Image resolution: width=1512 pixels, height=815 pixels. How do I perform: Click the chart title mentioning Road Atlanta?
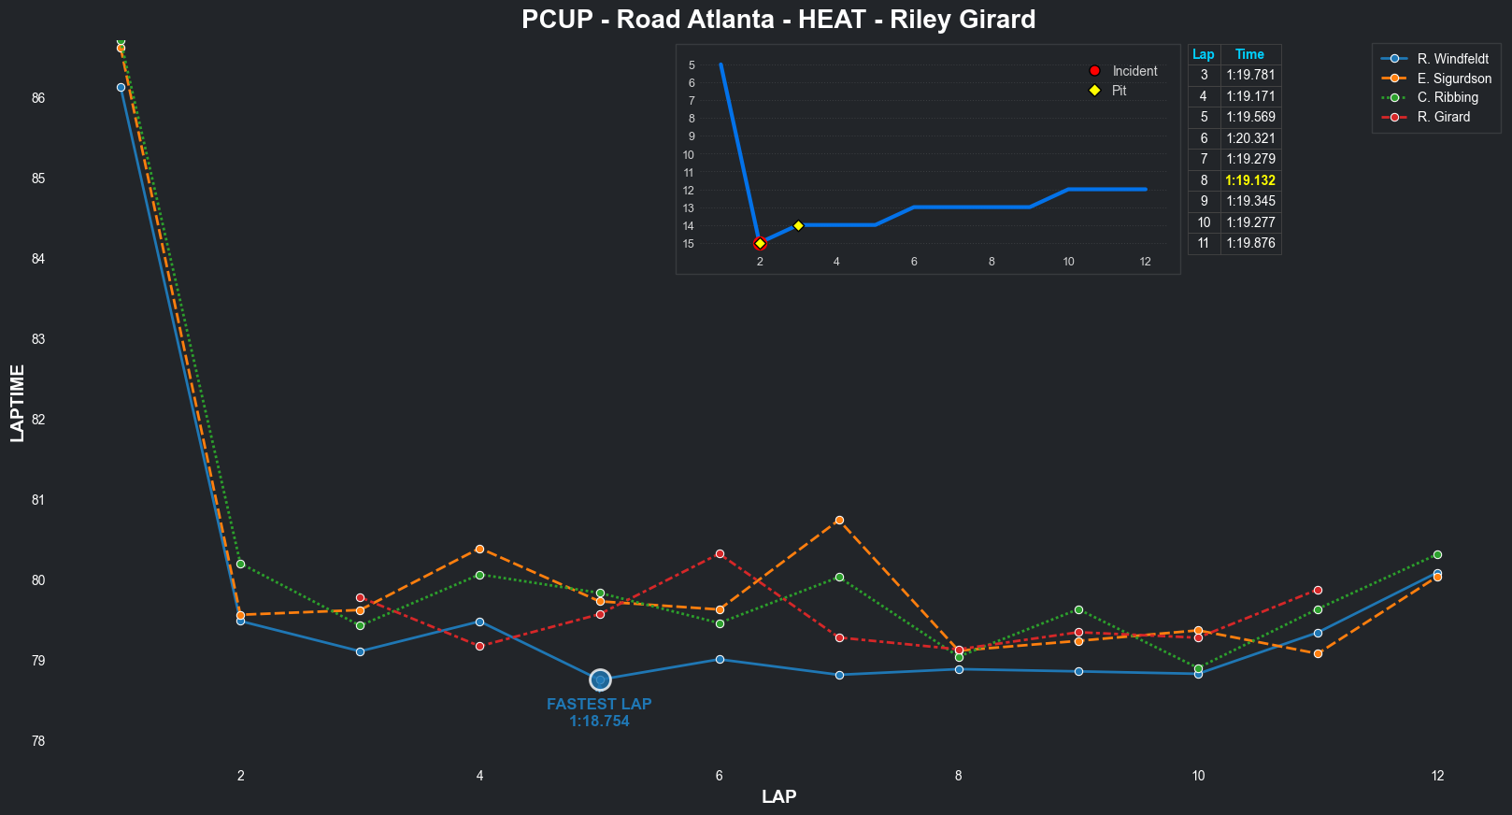pos(778,20)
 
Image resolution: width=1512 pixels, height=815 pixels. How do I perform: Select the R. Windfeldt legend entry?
pos(1452,59)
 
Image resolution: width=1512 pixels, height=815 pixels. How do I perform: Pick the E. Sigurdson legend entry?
pos(1454,79)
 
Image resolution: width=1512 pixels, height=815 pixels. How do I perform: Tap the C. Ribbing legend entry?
pos(1448,97)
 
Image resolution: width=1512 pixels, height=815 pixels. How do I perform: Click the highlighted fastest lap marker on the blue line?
pos(600,679)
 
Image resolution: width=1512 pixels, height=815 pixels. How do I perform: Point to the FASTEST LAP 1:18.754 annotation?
pos(599,712)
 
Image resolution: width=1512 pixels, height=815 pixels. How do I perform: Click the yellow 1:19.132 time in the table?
pos(1250,180)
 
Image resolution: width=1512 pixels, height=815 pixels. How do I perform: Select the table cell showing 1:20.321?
pos(1250,138)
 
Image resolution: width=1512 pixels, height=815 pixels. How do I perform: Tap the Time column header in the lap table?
pos(1249,54)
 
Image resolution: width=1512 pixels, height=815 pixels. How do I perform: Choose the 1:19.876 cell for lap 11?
pos(1250,243)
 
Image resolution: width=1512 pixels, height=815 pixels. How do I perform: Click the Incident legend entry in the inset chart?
pos(1134,71)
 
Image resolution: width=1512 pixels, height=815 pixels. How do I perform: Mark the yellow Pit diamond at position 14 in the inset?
pos(798,225)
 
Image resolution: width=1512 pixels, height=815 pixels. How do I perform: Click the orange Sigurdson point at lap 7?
pos(839,520)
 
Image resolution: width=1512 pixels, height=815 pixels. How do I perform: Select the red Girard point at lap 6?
pos(720,554)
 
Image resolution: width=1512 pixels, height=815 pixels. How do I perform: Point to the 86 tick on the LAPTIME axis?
pos(38,98)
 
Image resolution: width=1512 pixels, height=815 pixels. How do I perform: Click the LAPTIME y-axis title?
pos(18,403)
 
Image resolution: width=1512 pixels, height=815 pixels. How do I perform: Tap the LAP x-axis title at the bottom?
pos(778,796)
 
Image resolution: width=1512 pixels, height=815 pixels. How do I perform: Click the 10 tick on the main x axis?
pos(1198,775)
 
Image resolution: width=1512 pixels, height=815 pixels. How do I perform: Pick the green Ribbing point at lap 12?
pos(1437,555)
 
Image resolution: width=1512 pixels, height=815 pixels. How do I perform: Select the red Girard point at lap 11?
pos(1318,591)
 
